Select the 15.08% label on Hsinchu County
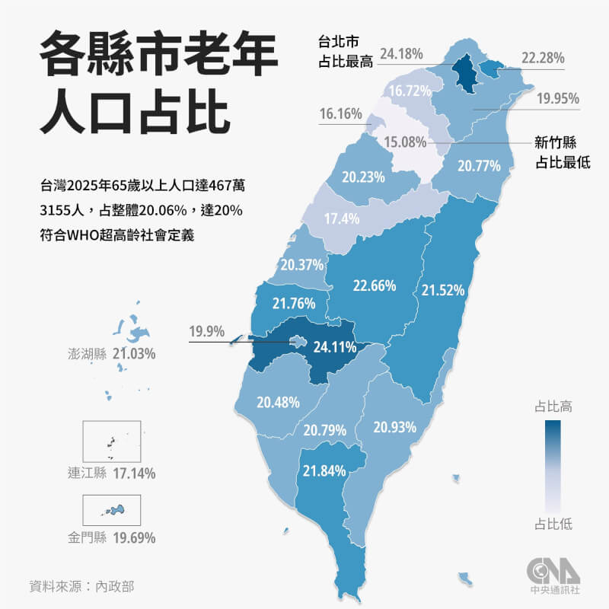tap(404, 142)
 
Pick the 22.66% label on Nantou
tap(374, 285)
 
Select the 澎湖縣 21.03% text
tap(111, 353)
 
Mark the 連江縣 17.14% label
tap(111, 473)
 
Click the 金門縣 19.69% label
tap(111, 537)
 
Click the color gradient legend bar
tap(553, 464)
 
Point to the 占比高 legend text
tap(553, 407)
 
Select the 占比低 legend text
tap(553, 524)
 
